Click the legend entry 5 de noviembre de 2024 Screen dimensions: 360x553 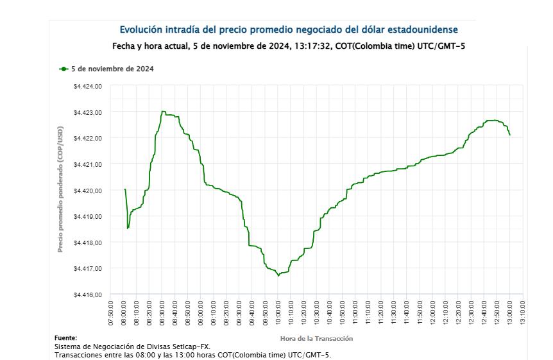click(x=112, y=69)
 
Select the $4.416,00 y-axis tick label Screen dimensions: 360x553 click(x=88, y=295)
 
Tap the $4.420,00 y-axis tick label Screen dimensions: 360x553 click(x=88, y=191)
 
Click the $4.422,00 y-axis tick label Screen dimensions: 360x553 click(x=88, y=139)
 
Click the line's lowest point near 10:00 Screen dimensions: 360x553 click(x=278, y=275)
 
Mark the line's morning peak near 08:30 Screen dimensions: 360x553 click(x=162, y=112)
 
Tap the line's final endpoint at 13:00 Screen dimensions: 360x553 click(x=510, y=135)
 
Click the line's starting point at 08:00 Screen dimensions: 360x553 click(x=124, y=189)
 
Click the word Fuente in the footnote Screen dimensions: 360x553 click(x=66, y=338)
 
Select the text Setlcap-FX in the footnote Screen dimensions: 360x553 click(x=189, y=347)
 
